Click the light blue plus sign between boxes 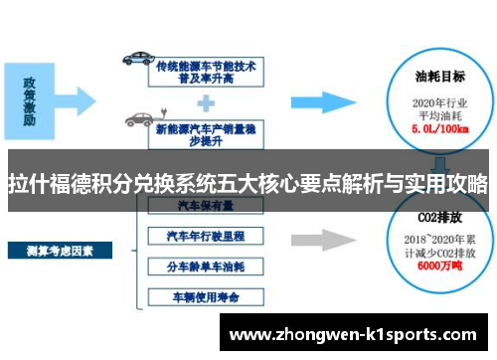tap(207, 100)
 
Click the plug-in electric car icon tap(139, 120)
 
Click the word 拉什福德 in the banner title tap(46, 183)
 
